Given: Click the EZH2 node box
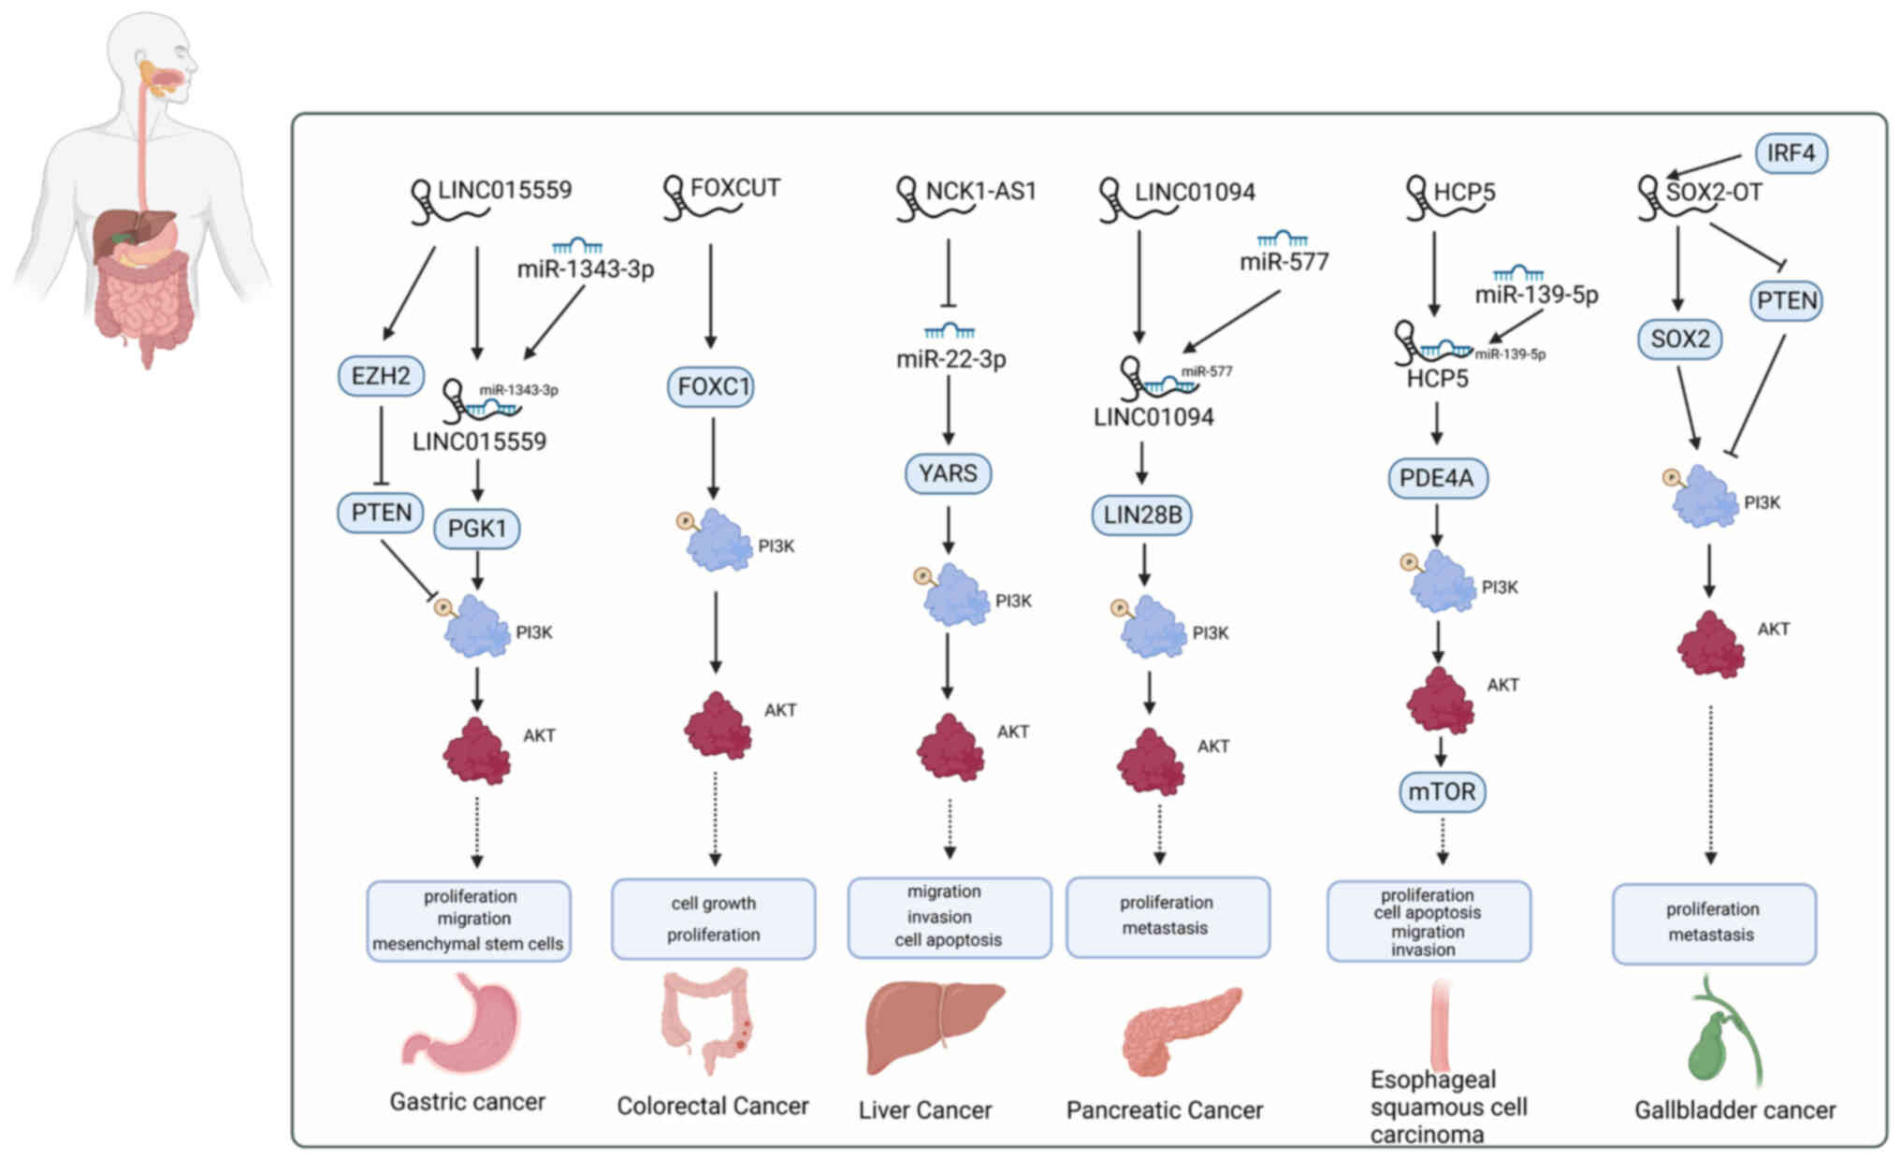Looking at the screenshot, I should tap(381, 376).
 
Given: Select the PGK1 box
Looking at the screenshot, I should tap(477, 529).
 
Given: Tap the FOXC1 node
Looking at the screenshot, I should tap(712, 386).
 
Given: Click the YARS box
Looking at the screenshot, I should tap(948, 473).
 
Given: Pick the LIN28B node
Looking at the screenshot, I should tap(1141, 515).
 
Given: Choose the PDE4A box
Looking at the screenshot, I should tap(1437, 478).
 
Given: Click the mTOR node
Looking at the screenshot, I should tap(1442, 791).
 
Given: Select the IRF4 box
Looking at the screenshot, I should tap(1791, 152).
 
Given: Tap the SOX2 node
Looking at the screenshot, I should tap(1679, 339).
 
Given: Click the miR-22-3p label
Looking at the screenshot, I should tap(950, 359).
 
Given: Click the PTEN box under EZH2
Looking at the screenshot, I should tap(381, 513).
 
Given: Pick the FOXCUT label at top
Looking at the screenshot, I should tap(734, 188).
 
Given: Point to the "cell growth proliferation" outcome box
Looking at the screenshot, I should tap(713, 919).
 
